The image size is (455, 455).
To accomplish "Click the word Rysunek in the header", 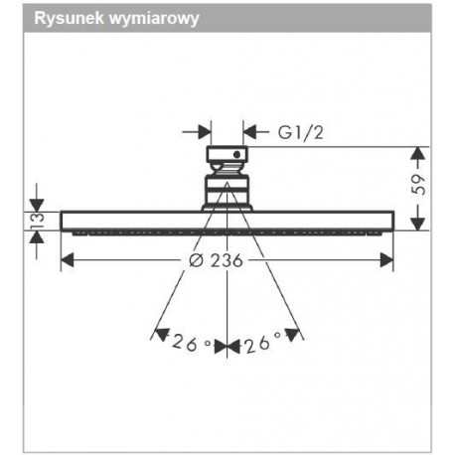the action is point(69,18).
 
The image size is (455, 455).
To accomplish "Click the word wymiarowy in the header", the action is point(154,19).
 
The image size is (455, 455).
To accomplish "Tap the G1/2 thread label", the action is point(300,132).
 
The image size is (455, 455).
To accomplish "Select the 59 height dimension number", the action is point(418,185).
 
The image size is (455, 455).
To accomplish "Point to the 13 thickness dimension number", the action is point(37,222).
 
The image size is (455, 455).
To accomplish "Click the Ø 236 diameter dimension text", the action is point(216,260).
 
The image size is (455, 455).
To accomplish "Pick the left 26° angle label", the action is point(192,343).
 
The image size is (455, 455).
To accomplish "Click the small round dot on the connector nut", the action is point(236,154).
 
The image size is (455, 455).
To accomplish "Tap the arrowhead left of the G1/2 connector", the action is point(205,132).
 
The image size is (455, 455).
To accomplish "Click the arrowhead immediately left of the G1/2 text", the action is point(249,132).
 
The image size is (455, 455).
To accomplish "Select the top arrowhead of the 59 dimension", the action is point(418,154).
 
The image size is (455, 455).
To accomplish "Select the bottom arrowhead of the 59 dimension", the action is point(418,223).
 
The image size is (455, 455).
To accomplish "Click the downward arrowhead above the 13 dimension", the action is point(37,205).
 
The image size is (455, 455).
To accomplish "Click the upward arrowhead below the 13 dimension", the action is point(37,237).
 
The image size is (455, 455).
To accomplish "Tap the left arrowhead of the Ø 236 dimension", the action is point(68,260).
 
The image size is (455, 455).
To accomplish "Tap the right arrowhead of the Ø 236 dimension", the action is point(386,260).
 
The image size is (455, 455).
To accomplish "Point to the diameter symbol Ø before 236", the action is point(196,260).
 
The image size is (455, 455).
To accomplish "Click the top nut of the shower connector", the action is point(227,154).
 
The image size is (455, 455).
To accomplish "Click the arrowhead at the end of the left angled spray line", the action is point(162,335).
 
